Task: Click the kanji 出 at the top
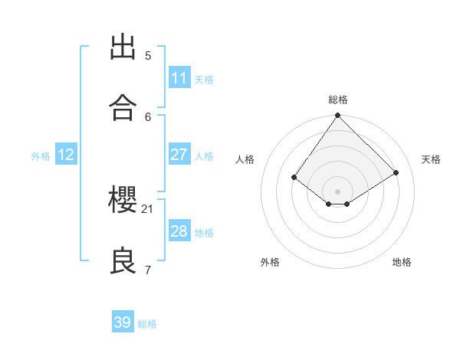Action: point(123,47)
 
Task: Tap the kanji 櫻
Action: point(123,201)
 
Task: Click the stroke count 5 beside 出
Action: point(148,55)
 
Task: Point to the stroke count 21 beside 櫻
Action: point(148,208)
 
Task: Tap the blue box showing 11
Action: point(179,78)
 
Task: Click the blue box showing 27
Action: point(179,155)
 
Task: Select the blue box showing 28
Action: point(179,231)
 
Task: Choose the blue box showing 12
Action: point(66,155)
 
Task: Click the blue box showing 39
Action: point(123,322)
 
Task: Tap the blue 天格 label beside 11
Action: point(204,79)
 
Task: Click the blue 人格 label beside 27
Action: point(204,155)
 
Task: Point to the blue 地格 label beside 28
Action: point(204,232)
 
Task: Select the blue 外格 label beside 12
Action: point(41,155)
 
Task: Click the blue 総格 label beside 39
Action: point(147,324)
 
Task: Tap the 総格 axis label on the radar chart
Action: point(338,100)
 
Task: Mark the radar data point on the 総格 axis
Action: point(337,116)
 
